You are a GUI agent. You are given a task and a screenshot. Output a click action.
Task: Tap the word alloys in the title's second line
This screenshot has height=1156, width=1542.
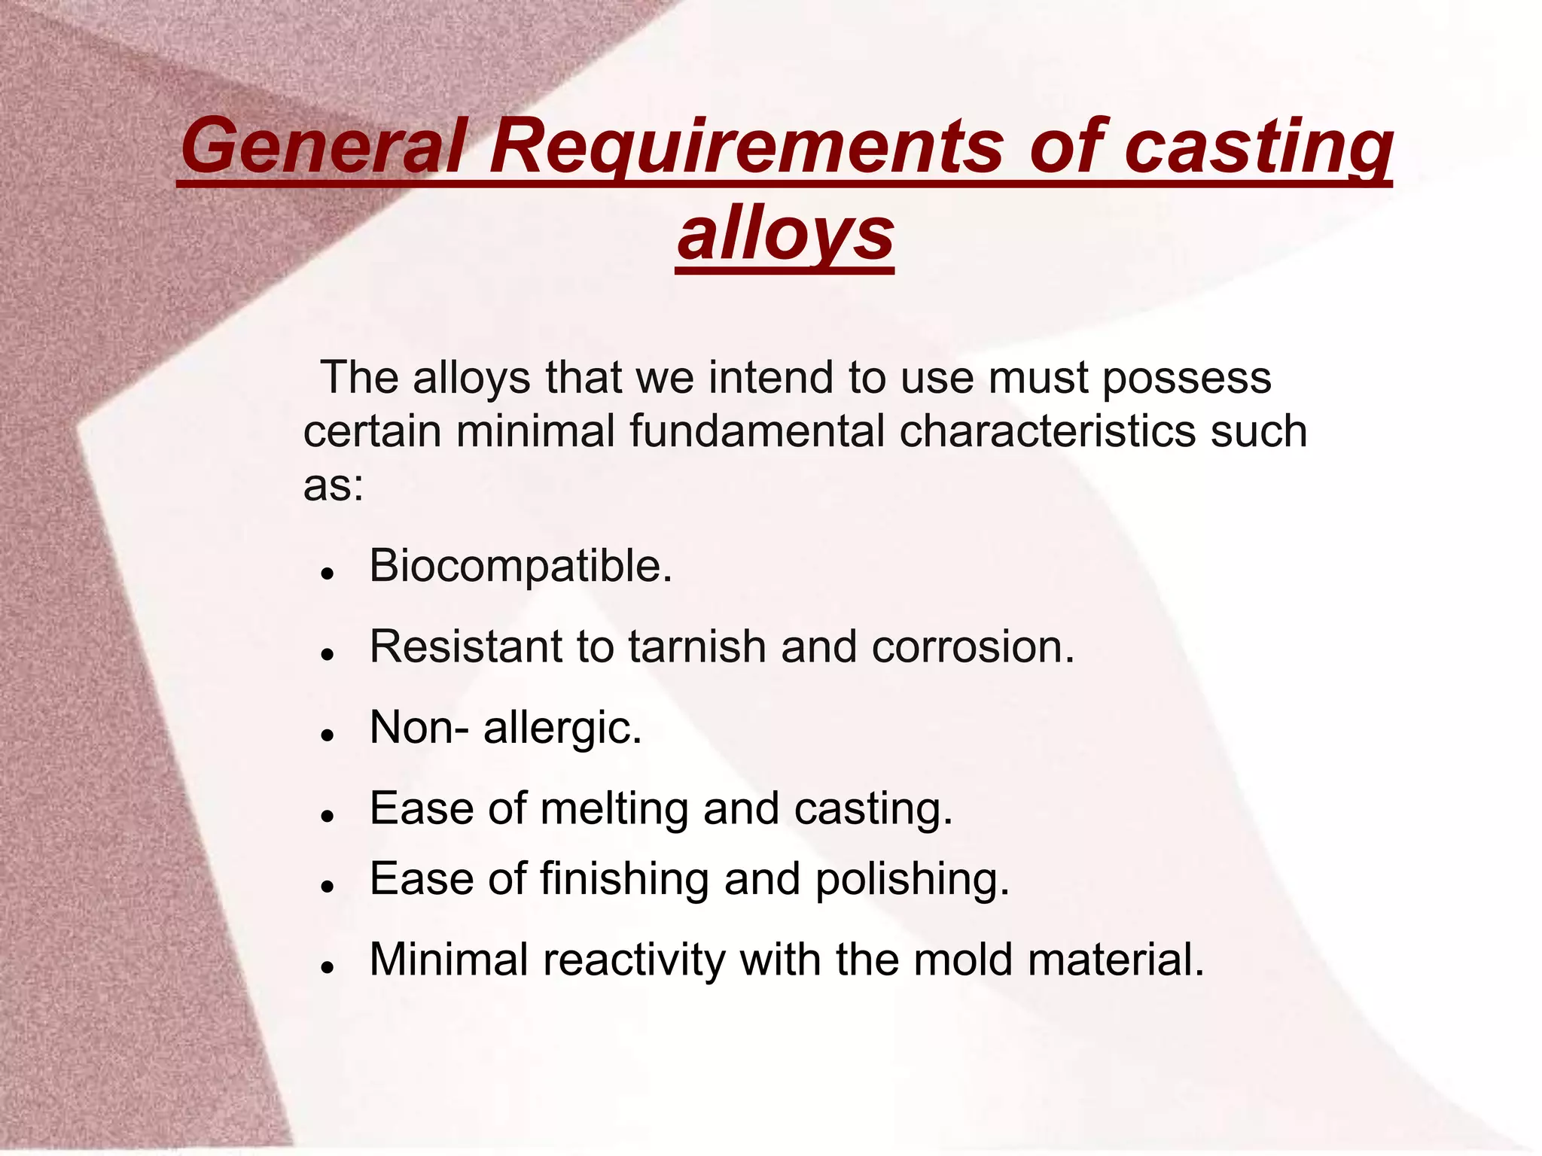[x=785, y=233]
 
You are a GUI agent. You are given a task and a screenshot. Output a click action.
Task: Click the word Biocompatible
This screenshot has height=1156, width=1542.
[x=520, y=566]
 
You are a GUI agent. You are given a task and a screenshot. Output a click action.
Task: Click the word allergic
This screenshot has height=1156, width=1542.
[x=562, y=728]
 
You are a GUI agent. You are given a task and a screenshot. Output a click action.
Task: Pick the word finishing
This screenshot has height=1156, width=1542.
[x=624, y=879]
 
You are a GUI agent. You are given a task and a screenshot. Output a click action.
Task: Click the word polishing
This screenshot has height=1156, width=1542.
[x=912, y=879]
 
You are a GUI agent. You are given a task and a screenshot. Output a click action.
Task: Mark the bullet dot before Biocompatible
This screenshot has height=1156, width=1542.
[x=326, y=573]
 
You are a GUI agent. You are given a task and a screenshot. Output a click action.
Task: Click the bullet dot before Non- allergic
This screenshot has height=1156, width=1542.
[x=326, y=735]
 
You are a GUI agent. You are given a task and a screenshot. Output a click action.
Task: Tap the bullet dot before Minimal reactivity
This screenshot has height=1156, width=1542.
[x=326, y=967]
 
